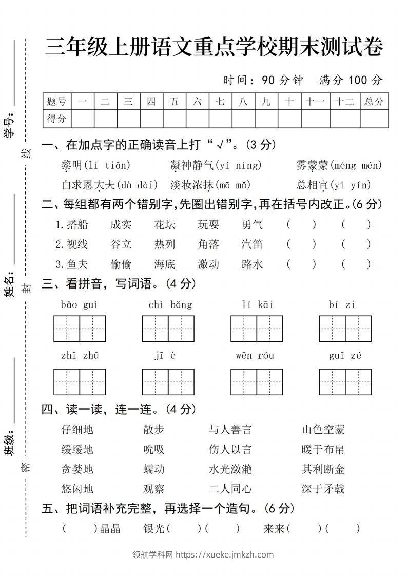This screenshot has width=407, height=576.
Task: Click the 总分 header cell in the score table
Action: [374, 102]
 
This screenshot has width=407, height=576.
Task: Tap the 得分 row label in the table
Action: [57, 119]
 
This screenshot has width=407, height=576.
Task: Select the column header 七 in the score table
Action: [220, 102]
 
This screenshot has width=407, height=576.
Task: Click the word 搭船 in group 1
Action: [77, 224]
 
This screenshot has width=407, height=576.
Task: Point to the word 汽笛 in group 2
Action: [253, 244]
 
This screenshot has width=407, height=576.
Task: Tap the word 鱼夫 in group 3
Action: [77, 264]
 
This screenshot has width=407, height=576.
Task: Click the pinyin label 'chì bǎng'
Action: [170, 305]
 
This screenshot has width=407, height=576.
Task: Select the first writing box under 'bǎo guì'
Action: [67, 329]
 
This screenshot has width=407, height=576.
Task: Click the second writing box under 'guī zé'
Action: [358, 382]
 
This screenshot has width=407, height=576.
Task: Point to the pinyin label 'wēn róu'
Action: [255, 356]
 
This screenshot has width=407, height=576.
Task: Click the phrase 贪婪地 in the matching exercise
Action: [77, 469]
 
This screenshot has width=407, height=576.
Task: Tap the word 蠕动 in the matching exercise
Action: [154, 469]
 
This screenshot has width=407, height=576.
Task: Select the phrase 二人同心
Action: [230, 489]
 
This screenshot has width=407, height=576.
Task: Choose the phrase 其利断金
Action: [323, 469]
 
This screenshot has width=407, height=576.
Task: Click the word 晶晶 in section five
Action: [110, 529]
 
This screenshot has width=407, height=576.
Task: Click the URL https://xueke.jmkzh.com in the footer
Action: [224, 554]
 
